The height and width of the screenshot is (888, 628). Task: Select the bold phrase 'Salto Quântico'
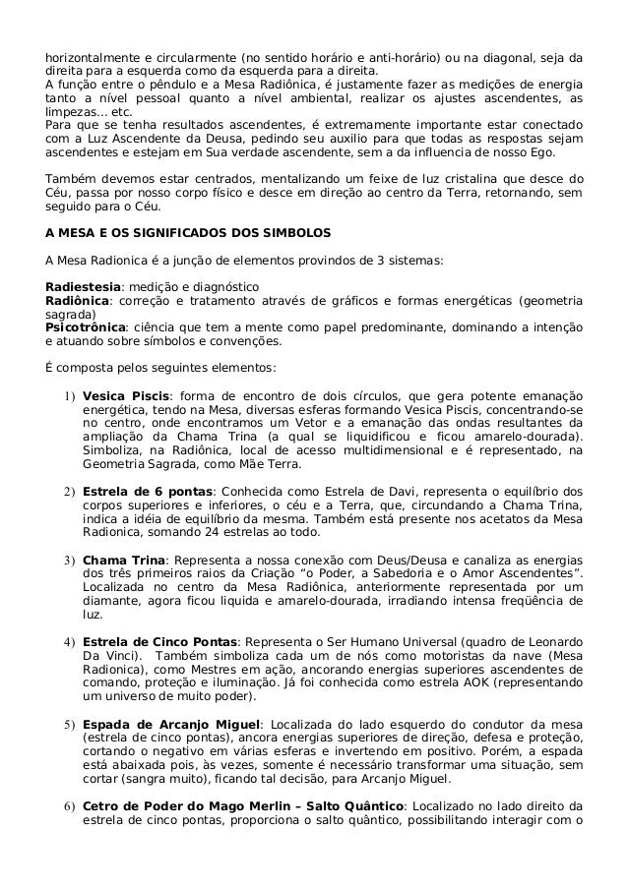(350, 808)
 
